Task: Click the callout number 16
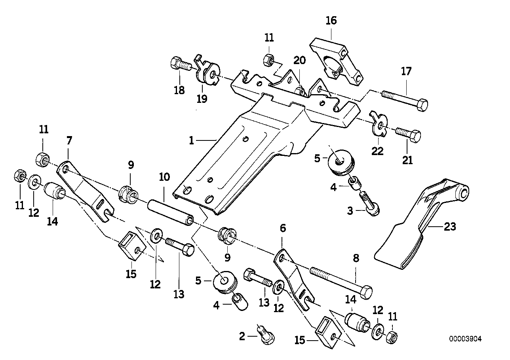click(331, 21)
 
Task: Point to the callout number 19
click(202, 99)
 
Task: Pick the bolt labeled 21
click(408, 135)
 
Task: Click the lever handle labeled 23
click(420, 225)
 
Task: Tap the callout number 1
click(192, 140)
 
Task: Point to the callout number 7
click(69, 140)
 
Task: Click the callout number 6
click(282, 228)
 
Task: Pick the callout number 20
click(300, 60)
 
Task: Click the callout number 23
click(450, 227)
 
